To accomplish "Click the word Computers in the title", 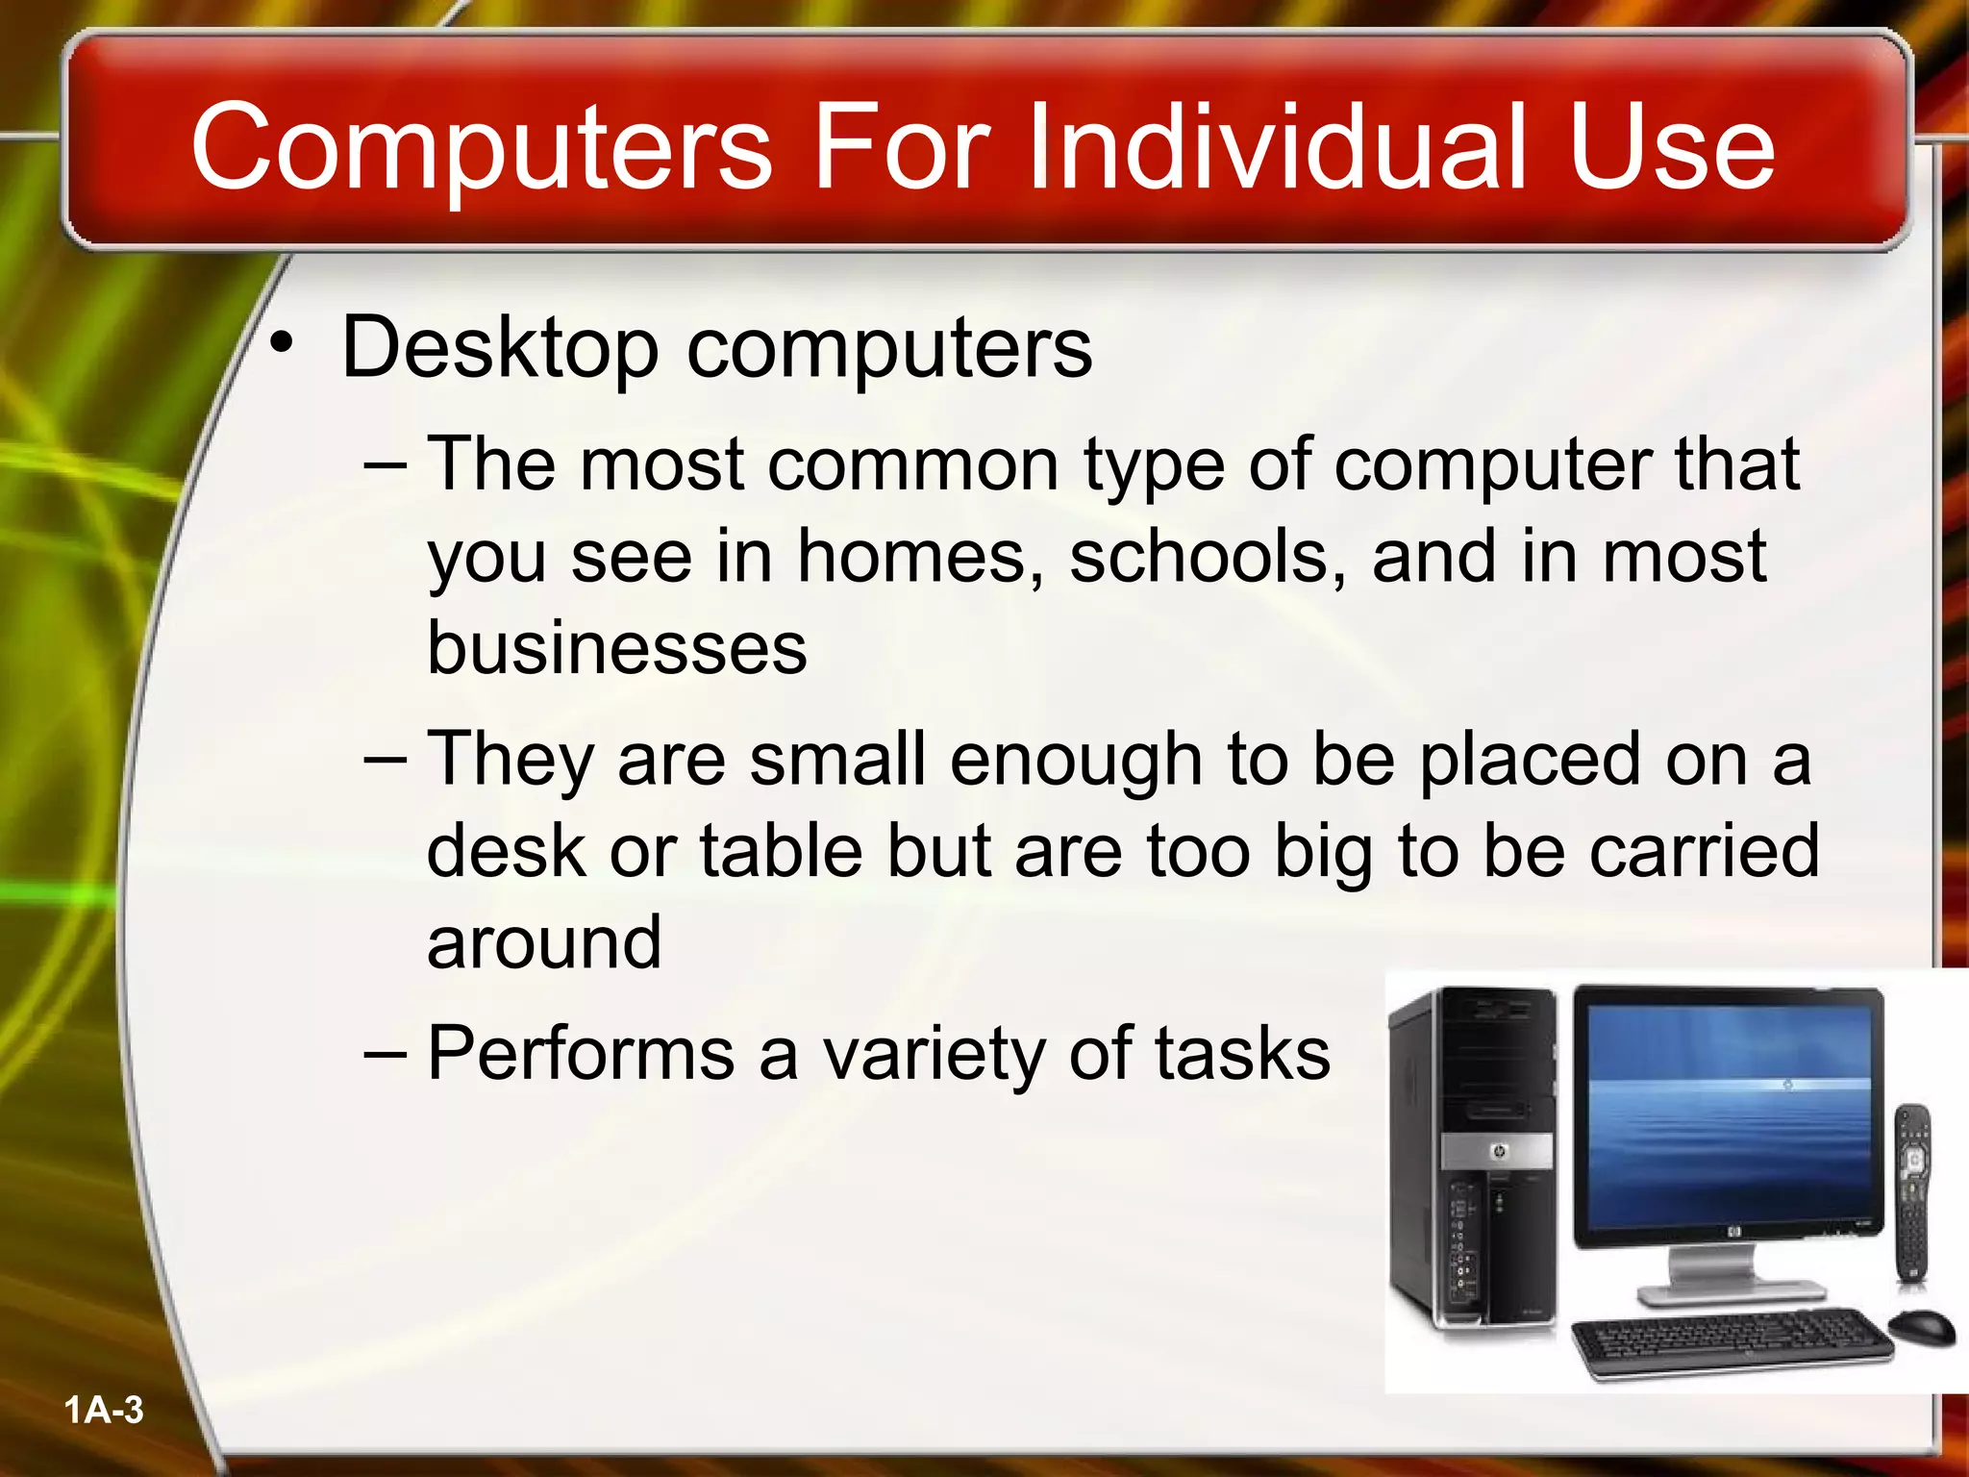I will [481, 147].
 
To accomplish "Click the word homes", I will [920, 558].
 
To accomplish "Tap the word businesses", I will [616, 647].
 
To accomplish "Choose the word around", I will [544, 942].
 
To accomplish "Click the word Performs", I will [581, 1054].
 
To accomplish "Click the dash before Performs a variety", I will [386, 1054].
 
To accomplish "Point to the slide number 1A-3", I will [104, 1411].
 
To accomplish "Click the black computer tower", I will [1473, 1154].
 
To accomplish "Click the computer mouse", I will [1921, 1327].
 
